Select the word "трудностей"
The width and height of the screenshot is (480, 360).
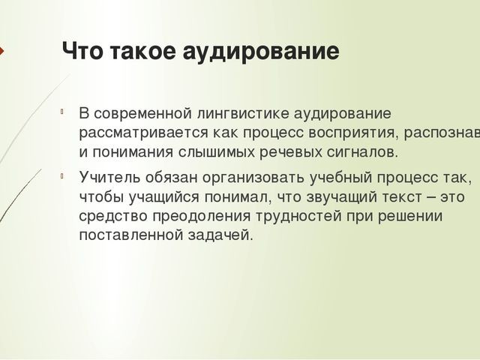(272, 216)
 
